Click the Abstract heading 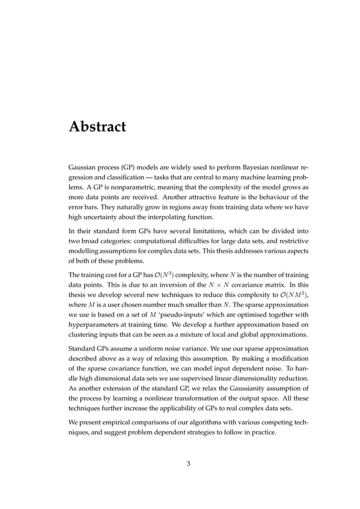[96, 126]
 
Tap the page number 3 [188, 464]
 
